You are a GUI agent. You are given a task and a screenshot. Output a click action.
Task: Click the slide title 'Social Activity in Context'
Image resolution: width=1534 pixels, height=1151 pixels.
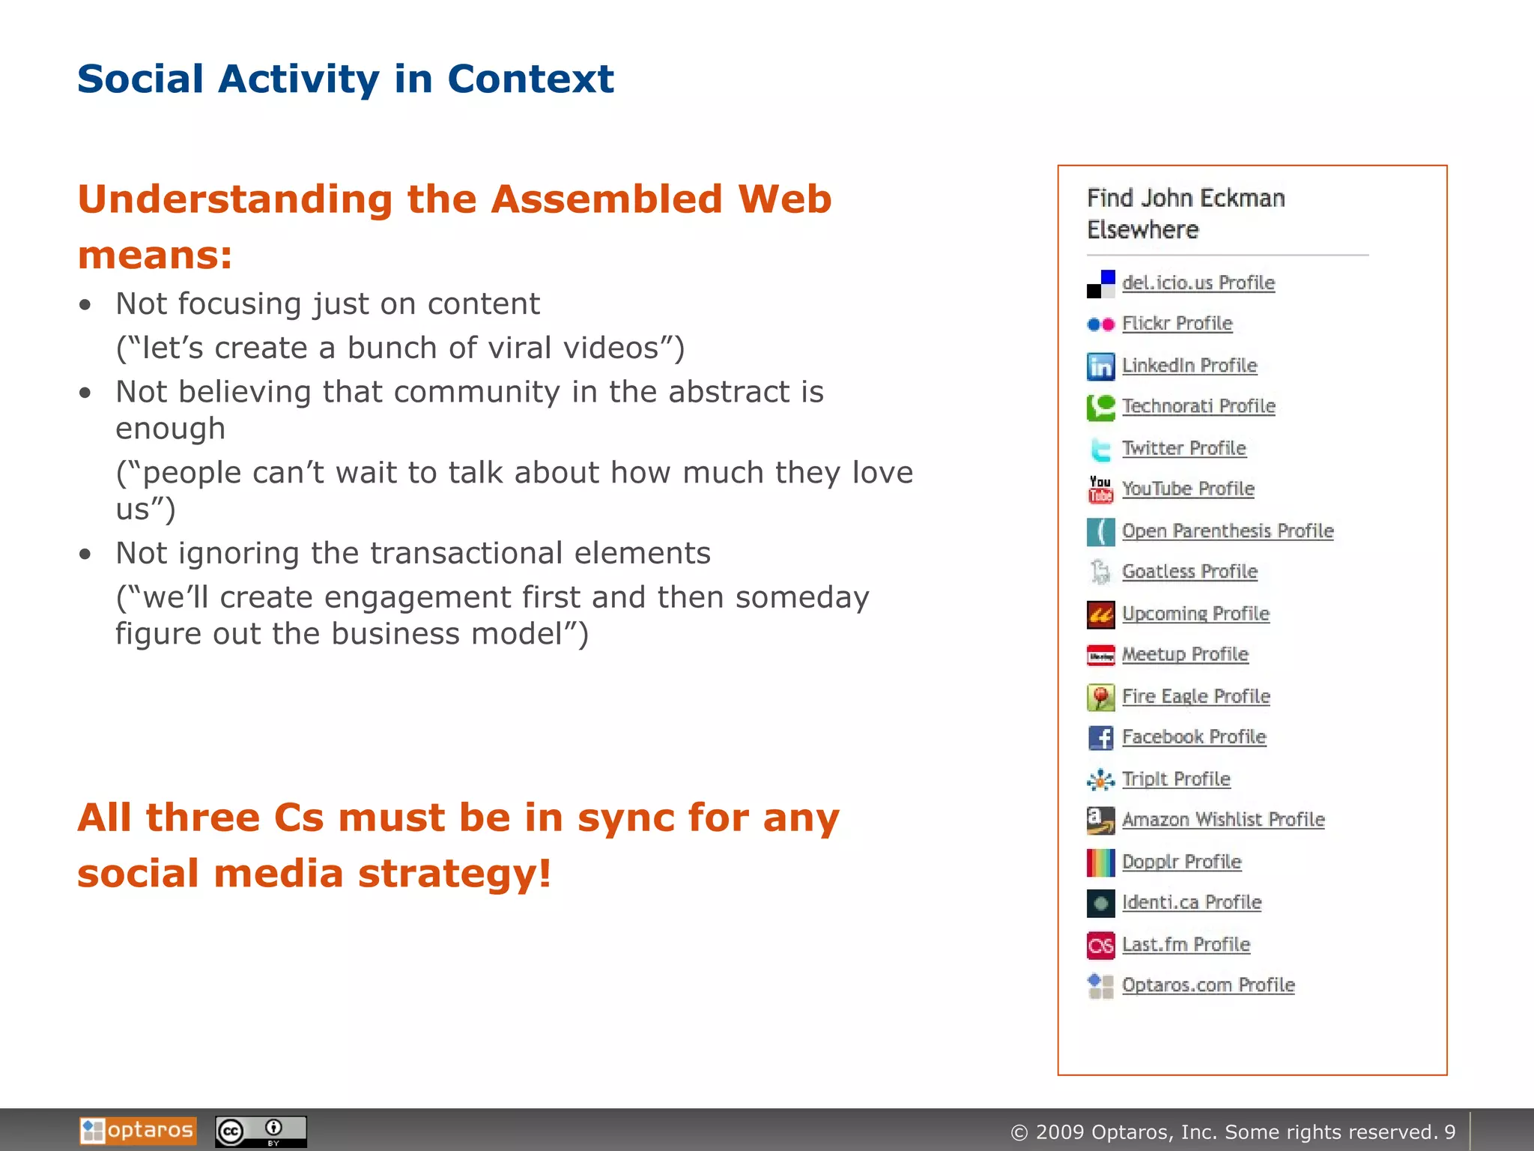coord(345,79)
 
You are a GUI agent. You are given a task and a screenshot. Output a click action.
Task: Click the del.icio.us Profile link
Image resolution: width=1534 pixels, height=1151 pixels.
coord(1198,283)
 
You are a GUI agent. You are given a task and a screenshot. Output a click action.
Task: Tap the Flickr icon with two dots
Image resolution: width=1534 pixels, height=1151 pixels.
coord(1100,324)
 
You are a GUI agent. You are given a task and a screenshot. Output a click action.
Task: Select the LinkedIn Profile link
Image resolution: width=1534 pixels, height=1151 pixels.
coord(1189,365)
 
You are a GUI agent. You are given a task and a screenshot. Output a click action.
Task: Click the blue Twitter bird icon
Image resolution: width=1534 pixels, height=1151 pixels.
coord(1100,449)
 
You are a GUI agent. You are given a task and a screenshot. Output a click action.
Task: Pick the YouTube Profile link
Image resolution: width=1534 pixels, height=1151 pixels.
coord(1187,489)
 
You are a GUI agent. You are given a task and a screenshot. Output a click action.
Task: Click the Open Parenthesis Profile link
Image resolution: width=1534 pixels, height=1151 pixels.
coord(1227,531)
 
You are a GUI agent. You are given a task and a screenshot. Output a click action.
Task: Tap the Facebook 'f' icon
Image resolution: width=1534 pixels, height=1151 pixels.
coord(1100,737)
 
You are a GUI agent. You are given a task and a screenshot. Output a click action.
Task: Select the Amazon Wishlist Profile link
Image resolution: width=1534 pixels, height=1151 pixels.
coord(1222,819)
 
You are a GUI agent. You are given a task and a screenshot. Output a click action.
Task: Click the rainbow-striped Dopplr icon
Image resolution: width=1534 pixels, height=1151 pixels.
coord(1100,863)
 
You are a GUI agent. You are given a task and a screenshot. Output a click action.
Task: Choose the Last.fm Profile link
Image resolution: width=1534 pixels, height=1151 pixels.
coord(1185,944)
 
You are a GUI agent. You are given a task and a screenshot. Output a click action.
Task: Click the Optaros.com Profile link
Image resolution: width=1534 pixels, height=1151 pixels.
coord(1207,985)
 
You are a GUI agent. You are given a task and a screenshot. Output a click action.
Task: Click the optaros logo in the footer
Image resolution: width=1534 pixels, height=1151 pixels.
coord(138,1130)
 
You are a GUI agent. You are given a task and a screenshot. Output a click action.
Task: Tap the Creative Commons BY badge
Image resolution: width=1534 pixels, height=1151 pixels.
coord(261,1131)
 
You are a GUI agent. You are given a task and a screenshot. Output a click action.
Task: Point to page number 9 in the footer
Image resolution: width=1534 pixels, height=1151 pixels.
coord(1450,1132)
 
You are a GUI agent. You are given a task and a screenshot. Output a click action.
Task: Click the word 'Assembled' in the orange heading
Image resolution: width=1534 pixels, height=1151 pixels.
coord(607,199)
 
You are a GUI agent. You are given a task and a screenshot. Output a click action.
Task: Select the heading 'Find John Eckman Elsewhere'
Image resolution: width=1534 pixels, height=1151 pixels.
coord(1185,214)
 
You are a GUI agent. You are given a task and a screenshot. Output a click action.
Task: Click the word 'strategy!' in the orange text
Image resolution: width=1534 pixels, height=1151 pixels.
coord(455,874)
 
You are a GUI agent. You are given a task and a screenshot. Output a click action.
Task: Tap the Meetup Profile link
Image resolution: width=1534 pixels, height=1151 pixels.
coord(1184,654)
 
